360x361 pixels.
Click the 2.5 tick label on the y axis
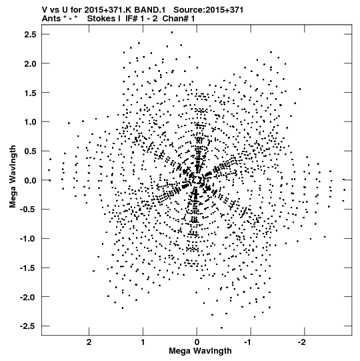(x=30, y=34)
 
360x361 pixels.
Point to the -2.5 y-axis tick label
(x=28, y=326)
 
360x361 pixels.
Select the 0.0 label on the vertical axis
(x=30, y=180)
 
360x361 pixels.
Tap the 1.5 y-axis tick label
(x=30, y=93)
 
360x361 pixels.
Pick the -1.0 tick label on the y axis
(x=28, y=238)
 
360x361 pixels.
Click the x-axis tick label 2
(x=89, y=342)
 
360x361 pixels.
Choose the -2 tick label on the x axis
(x=303, y=342)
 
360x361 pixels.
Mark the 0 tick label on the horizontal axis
(x=197, y=342)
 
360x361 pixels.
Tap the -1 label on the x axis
(x=249, y=342)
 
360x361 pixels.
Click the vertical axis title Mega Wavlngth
(x=13, y=177)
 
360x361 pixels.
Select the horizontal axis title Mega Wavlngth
(x=200, y=351)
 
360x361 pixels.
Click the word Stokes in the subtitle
(x=101, y=19)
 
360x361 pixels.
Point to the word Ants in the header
(x=51, y=19)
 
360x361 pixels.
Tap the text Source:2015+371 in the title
(x=208, y=9)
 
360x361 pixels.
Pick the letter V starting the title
(x=45, y=9)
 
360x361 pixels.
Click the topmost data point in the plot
(x=172, y=33)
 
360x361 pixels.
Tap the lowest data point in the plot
(x=221, y=328)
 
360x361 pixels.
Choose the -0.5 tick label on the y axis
(x=28, y=210)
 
